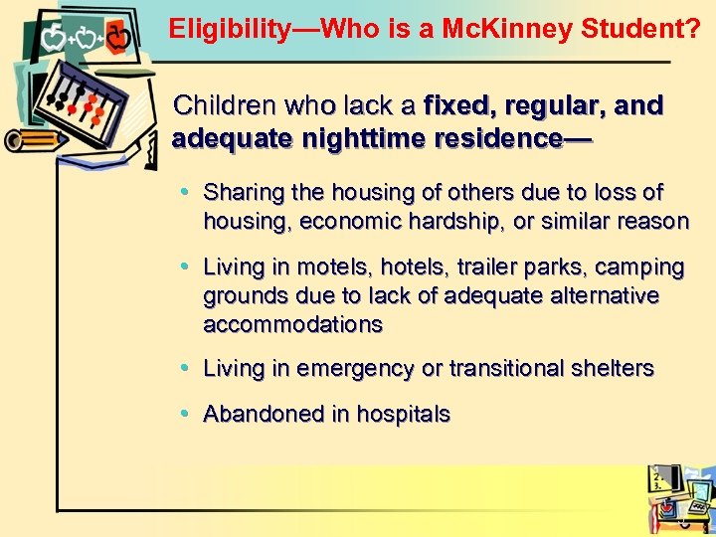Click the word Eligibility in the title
(225, 30)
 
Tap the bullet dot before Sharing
(188, 190)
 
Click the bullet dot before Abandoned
(188, 413)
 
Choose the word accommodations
(292, 324)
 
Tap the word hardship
(450, 221)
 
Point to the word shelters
(611, 368)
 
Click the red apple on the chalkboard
(117, 40)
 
